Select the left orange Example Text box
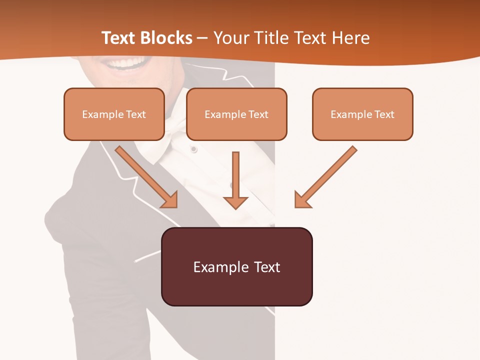click(x=114, y=114)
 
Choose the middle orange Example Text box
click(x=236, y=114)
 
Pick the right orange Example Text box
click(x=362, y=114)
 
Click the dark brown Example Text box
click(x=236, y=266)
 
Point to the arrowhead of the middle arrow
click(x=235, y=202)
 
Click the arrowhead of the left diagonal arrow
click(x=170, y=200)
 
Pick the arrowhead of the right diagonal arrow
click(x=302, y=200)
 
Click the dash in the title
click(x=203, y=38)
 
